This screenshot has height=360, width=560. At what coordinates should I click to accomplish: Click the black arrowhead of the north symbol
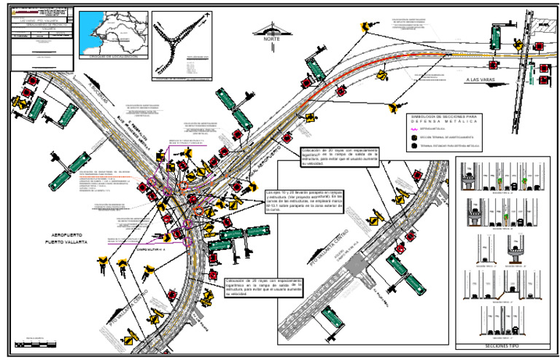tap(273, 30)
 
